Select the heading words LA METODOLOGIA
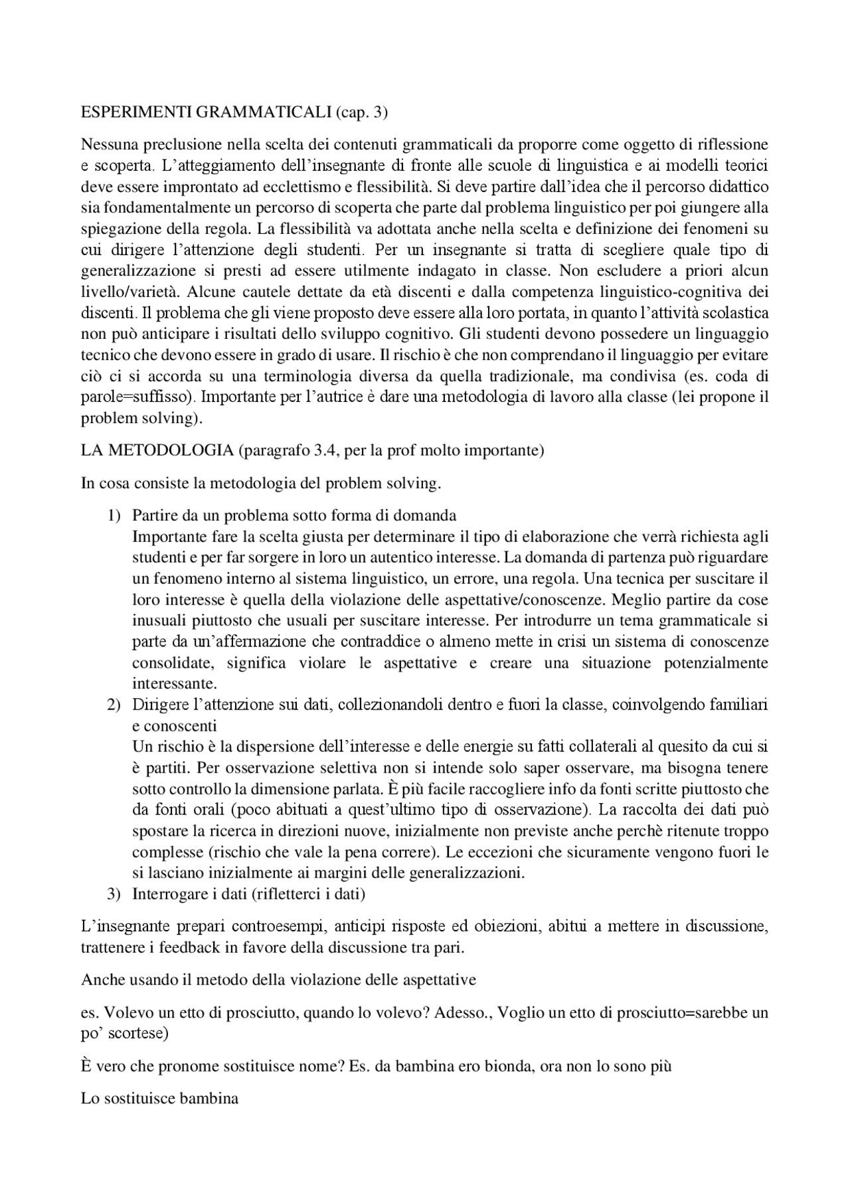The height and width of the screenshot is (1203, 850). [157, 451]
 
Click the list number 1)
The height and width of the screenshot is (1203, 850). [115, 515]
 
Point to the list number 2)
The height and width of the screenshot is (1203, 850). [115, 705]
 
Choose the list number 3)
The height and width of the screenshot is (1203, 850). [115, 894]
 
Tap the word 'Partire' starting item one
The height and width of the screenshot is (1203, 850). [155, 515]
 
